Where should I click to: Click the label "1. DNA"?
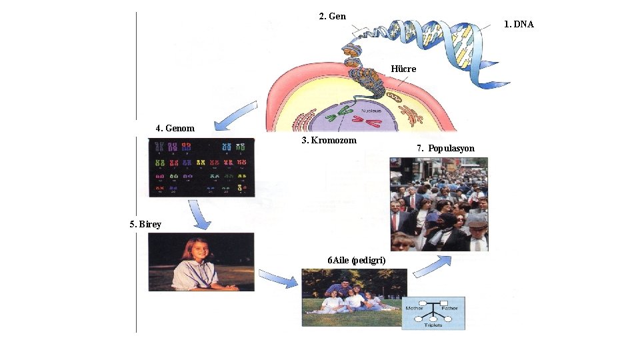519,24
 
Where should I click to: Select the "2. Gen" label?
332,16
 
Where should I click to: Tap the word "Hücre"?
403,69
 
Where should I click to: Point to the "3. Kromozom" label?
329,140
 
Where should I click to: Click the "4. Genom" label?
175,128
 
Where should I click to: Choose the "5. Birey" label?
145,224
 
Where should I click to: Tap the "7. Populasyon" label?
445,148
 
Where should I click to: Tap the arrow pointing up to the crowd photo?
429,265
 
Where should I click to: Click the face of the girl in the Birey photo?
198,250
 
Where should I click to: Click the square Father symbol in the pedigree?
444,302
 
